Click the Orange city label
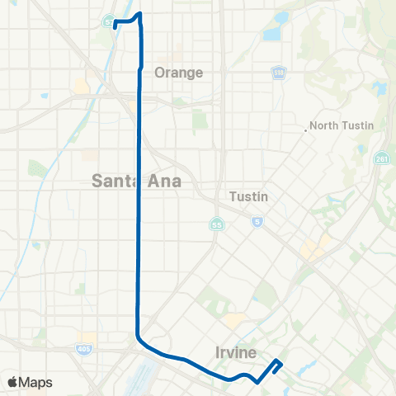point(178,72)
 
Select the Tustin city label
point(248,197)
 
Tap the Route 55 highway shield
point(215,224)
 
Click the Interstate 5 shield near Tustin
point(258,221)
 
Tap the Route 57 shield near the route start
point(108,22)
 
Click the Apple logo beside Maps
point(13,382)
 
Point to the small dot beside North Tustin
point(306,128)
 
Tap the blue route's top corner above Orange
point(139,14)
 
